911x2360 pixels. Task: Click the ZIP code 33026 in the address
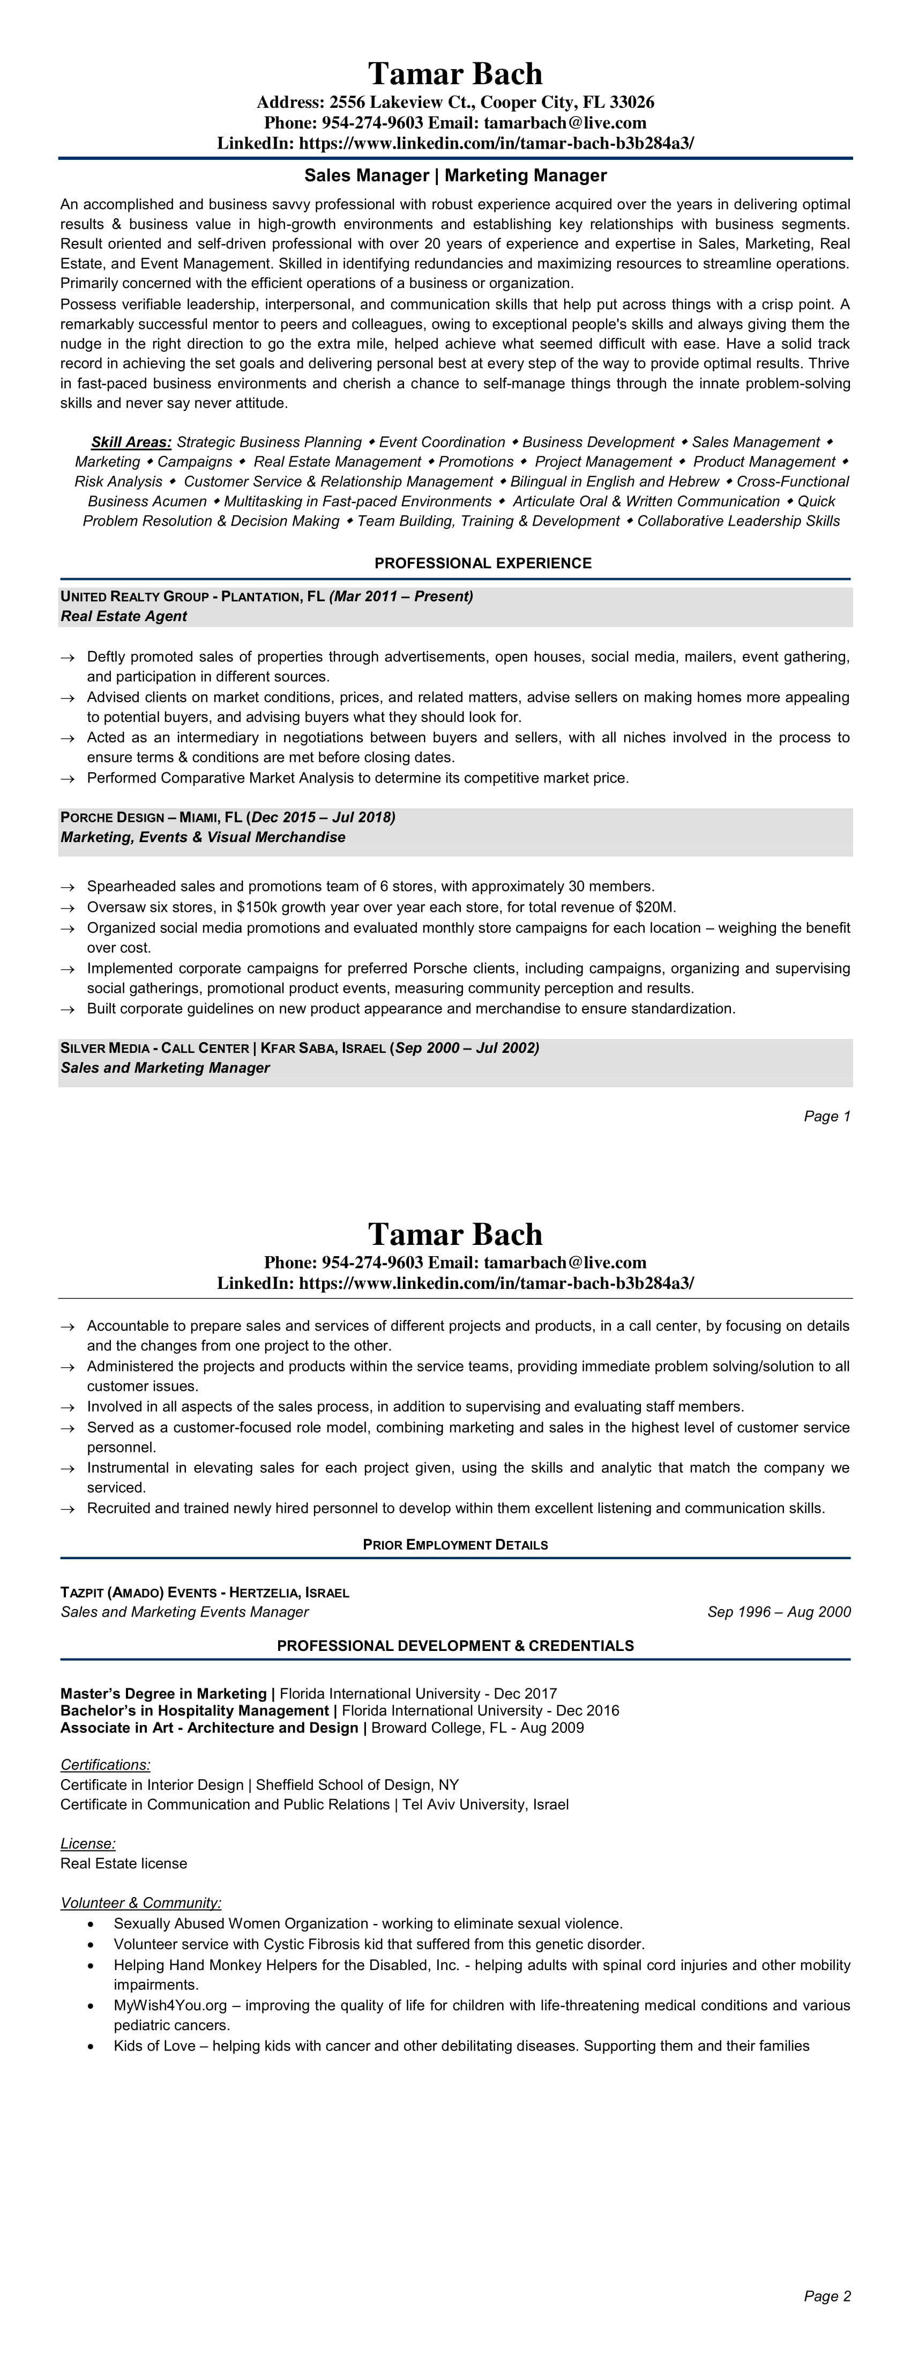632,102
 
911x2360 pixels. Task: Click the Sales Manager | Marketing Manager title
455,175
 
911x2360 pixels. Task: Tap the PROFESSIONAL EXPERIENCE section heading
482,563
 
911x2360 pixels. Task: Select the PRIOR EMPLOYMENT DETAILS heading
455,1545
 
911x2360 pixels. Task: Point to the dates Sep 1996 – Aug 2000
778,1612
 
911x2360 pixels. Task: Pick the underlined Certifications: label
105,1765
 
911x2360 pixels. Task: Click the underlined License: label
88,1843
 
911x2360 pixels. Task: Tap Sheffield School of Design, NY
357,1784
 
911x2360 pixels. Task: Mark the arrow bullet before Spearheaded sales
67,887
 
